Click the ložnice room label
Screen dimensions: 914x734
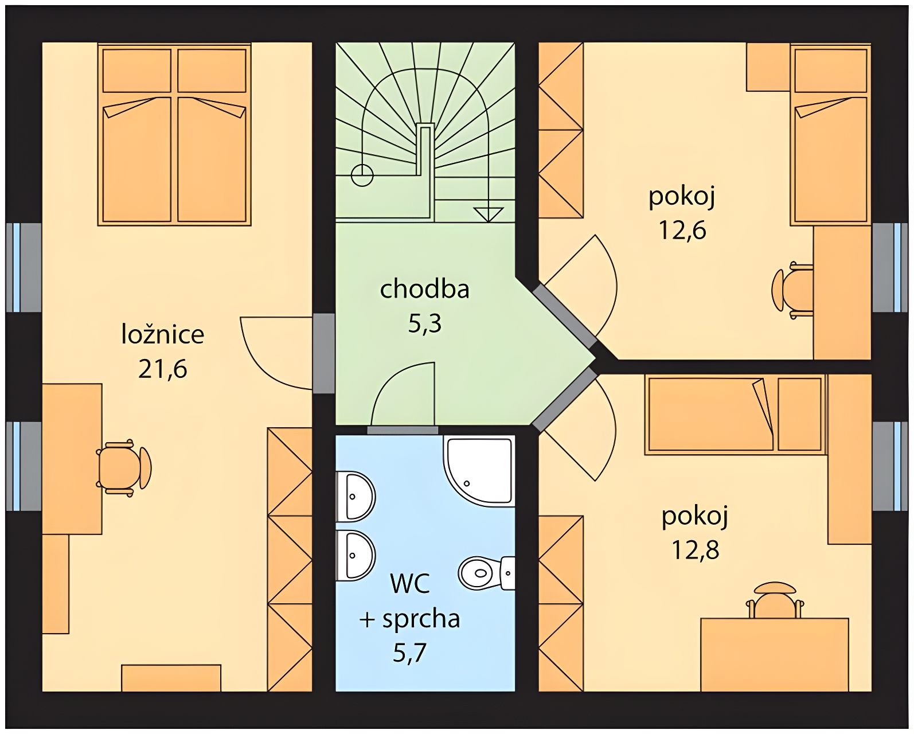pyautogui.click(x=163, y=334)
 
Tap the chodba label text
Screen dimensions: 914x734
pyautogui.click(x=424, y=289)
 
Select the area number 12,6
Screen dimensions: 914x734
pyautogui.click(x=682, y=230)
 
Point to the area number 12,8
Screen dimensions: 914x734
pyautogui.click(x=696, y=550)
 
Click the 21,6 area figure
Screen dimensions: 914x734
pyautogui.click(x=163, y=369)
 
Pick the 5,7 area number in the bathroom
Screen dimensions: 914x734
pyautogui.click(x=409, y=653)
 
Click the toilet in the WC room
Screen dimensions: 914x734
pyautogui.click(x=487, y=573)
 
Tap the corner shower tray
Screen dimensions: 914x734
pyautogui.click(x=479, y=471)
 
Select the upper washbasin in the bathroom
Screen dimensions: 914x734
pyautogui.click(x=356, y=496)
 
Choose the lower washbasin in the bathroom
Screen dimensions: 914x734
pyautogui.click(x=356, y=555)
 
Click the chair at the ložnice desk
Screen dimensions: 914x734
pyautogui.click(x=124, y=468)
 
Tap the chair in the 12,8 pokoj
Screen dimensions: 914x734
pyautogui.click(x=775, y=600)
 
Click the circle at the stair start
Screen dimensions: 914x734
pyautogui.click(x=362, y=175)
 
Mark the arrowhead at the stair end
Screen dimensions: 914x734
pyautogui.click(x=489, y=214)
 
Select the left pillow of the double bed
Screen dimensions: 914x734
pyautogui.click(x=137, y=71)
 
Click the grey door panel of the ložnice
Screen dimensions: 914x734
pyautogui.click(x=323, y=353)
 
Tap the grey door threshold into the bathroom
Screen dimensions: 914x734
pyautogui.click(x=403, y=430)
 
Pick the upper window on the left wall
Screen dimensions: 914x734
pyautogui.click(x=24, y=268)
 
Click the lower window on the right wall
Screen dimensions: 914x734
pyautogui.click(x=890, y=466)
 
